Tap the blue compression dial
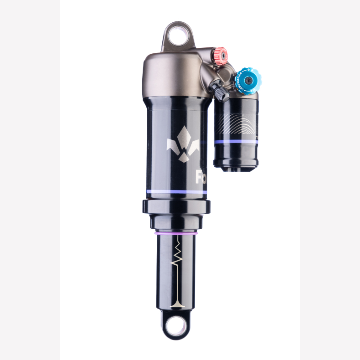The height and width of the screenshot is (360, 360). coord(247,80)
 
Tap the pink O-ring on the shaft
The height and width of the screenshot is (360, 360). coord(176,232)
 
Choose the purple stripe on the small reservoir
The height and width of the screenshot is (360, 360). coord(236,142)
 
